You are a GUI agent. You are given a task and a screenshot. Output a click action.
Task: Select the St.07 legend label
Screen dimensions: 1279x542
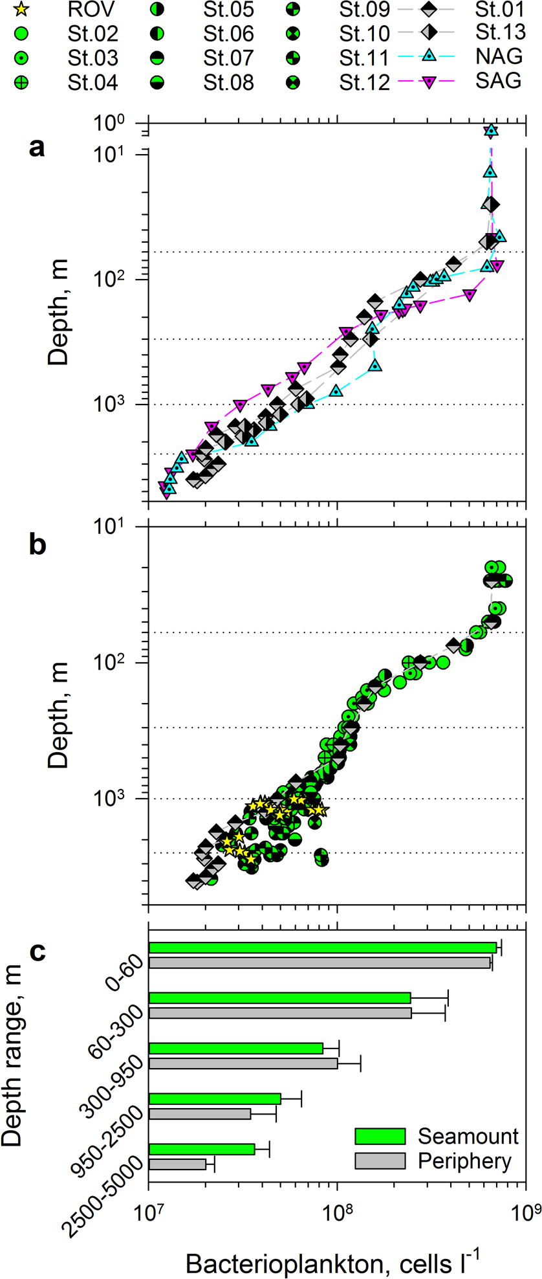229,58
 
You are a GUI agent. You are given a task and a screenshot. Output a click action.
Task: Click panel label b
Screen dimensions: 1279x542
38,544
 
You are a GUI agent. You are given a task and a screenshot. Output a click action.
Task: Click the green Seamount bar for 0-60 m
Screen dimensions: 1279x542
322,948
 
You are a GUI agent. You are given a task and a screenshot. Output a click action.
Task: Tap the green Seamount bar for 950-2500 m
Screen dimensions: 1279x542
215,1098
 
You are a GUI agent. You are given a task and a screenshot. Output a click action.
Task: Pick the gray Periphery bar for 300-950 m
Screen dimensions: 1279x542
243,1063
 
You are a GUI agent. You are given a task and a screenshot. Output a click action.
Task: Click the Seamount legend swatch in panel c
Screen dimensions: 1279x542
380,1136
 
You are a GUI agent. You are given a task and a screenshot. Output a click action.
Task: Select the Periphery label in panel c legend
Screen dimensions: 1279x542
464,1161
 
